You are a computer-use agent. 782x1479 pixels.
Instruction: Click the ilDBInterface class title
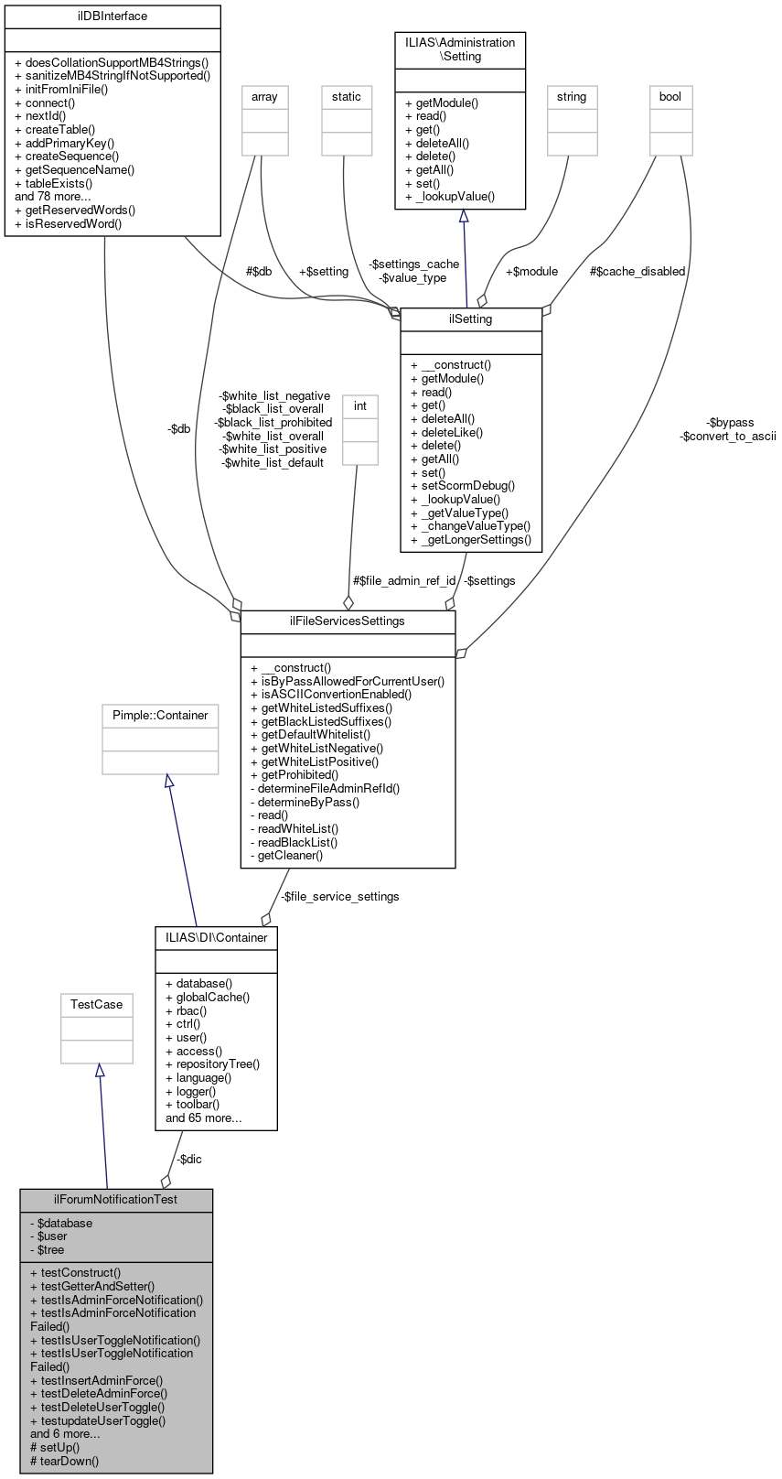coord(112,16)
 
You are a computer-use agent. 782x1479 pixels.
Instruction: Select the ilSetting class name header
coord(471,319)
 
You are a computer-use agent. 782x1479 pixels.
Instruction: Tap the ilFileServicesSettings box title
coord(348,621)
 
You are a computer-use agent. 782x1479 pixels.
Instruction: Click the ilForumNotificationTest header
coord(116,1199)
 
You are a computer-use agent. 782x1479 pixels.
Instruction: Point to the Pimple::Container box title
coord(160,716)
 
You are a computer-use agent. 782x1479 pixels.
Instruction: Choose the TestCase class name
coord(97,1005)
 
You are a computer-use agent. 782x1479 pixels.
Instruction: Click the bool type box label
coord(670,97)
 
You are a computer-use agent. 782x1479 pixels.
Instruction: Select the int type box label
coord(360,406)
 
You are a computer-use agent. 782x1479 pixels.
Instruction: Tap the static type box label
coord(347,97)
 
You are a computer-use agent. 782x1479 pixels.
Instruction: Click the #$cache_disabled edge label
coord(637,272)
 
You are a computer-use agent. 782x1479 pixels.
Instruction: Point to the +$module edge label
coord(531,272)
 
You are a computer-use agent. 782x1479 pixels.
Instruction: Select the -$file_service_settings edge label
coord(339,897)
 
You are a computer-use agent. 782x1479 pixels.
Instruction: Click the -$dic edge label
coord(189,1160)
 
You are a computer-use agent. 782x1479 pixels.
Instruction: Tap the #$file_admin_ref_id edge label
coord(404,581)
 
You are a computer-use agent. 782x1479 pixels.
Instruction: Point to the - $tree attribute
coord(47,1249)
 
